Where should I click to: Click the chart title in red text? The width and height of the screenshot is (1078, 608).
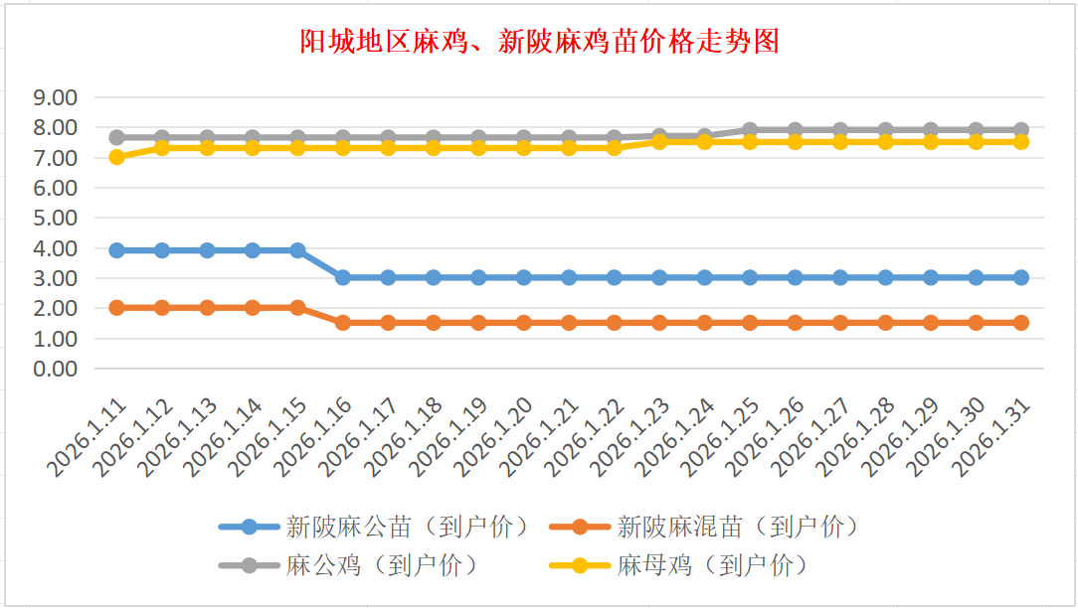click(539, 42)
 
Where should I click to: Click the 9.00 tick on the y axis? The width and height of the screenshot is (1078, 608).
click(56, 97)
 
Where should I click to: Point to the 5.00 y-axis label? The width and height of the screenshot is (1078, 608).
click(56, 218)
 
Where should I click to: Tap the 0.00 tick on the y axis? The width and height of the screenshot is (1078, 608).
click(56, 369)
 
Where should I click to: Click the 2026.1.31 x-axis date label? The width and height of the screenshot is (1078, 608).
click(992, 437)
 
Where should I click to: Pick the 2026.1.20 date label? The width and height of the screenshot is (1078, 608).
click(495, 437)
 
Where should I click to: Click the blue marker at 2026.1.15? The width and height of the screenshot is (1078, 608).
click(297, 250)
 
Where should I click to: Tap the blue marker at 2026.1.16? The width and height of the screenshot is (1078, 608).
click(343, 278)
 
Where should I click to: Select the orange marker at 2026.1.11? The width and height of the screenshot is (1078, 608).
click(116, 308)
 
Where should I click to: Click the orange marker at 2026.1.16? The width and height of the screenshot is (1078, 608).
click(343, 323)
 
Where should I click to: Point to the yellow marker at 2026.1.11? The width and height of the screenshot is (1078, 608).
click(116, 157)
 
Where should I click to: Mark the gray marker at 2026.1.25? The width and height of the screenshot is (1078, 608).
click(750, 130)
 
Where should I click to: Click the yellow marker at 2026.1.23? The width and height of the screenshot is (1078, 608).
click(659, 142)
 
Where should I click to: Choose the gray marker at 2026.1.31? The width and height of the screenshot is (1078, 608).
click(1021, 130)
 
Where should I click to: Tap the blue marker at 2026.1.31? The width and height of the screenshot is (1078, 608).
click(1021, 278)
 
